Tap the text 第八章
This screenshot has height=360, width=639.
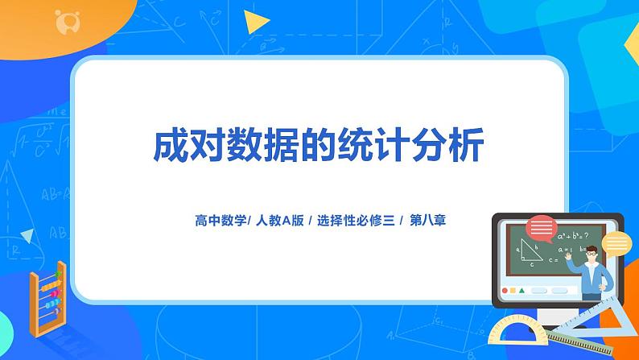click(428, 219)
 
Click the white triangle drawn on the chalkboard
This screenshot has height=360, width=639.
click(529, 252)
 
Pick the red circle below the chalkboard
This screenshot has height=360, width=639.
click(505, 290)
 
